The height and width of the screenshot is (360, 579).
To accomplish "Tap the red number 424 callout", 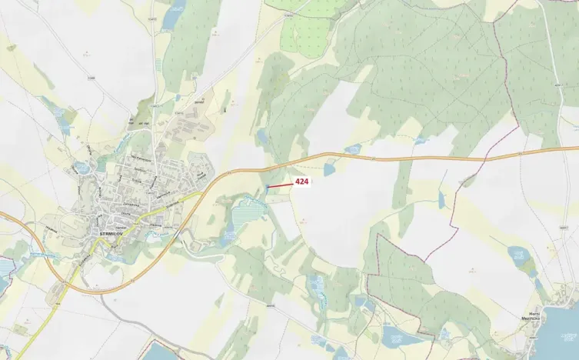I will [301, 182].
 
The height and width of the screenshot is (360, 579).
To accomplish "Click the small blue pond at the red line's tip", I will [266, 187].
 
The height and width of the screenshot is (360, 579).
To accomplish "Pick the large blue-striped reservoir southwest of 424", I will [245, 208].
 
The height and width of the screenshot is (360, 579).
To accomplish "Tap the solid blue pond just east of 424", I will [329, 168].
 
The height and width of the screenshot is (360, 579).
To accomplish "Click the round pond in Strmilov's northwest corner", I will [82, 167].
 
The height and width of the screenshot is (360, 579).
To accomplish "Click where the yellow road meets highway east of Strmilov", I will [201, 192].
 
